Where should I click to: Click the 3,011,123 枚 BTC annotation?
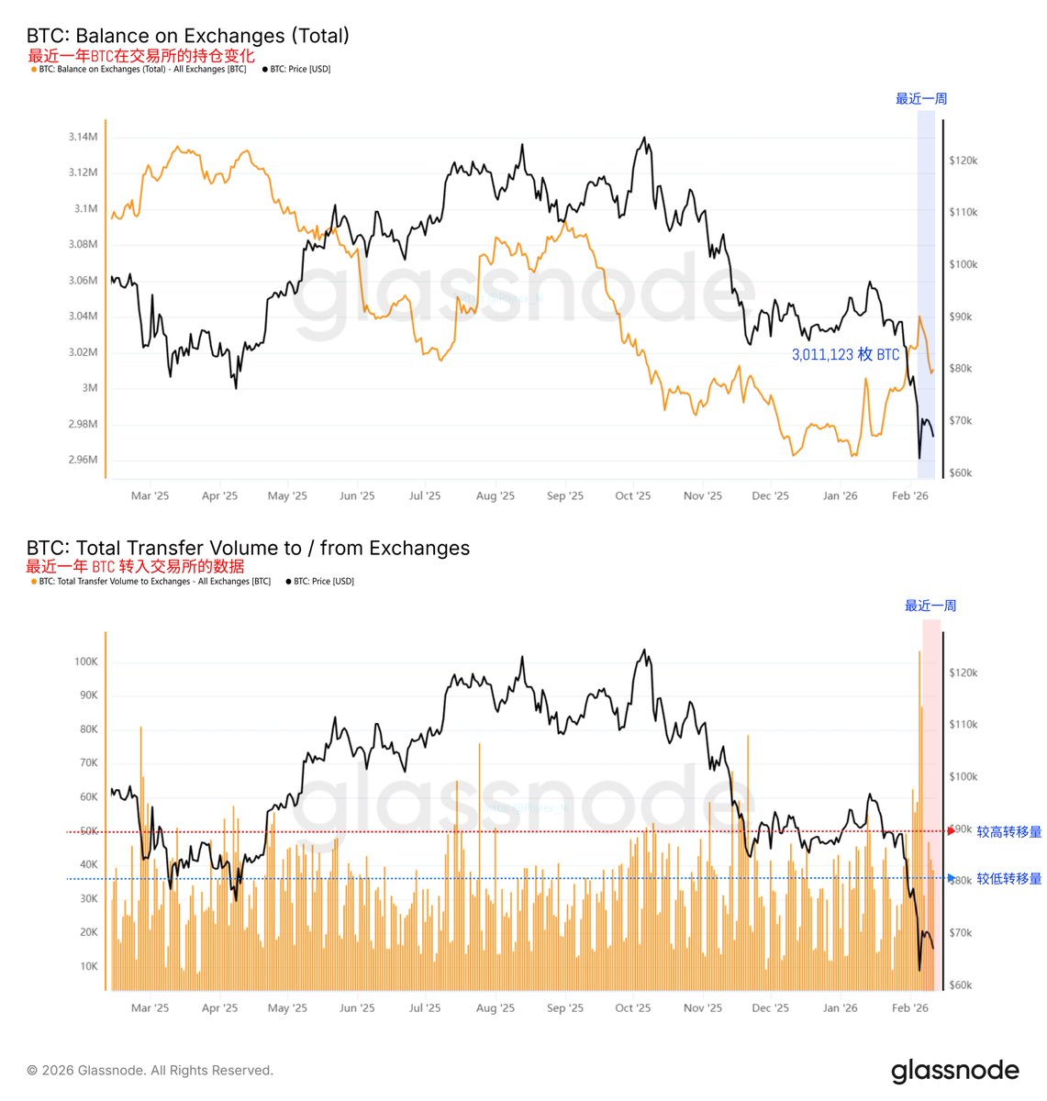845,355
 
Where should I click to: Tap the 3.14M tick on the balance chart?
83,137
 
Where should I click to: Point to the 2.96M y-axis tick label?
83,460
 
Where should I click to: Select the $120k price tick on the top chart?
963,161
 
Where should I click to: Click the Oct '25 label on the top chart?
632,496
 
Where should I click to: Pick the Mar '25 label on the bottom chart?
150,1008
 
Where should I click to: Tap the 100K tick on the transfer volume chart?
85,662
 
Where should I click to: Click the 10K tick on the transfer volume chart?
88,966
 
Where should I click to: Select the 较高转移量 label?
1008,832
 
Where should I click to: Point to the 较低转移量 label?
1008,879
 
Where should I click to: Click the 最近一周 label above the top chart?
920,99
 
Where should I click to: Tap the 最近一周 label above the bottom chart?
930,606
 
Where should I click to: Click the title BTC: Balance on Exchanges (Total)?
188,36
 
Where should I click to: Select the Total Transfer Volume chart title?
248,548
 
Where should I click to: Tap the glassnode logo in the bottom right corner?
954,1071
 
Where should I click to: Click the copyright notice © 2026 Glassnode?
150,1071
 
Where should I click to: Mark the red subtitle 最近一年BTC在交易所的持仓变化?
141,56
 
